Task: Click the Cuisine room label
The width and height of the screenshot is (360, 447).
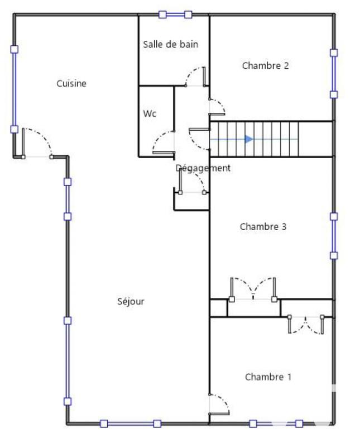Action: click(71, 84)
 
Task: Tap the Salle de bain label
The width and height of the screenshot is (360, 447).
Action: click(170, 44)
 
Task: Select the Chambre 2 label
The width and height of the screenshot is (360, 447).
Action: click(265, 66)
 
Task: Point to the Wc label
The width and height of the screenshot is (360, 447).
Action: click(150, 113)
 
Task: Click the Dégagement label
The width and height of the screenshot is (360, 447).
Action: click(203, 168)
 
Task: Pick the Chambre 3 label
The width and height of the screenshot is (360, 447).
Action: click(263, 227)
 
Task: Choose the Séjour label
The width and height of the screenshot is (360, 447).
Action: click(131, 302)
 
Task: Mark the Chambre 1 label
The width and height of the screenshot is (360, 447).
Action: click(268, 377)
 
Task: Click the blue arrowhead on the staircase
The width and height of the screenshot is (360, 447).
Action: click(249, 139)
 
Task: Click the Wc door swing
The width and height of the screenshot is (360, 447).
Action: click(164, 142)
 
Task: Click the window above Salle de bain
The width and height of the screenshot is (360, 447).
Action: click(175, 15)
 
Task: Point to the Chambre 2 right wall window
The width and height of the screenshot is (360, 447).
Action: click(334, 74)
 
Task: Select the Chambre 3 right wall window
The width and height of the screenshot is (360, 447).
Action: click(334, 236)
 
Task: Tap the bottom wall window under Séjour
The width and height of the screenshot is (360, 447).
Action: click(130, 424)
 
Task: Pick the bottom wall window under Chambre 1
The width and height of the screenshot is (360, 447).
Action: click(276, 424)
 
